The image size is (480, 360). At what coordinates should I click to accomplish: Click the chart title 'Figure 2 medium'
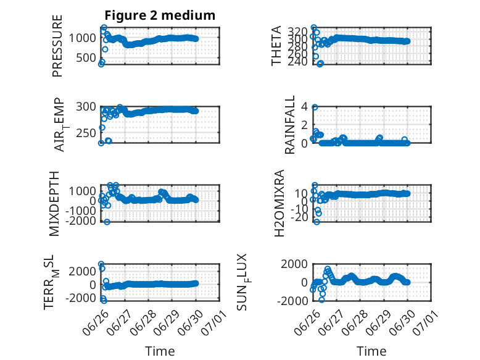pyautogui.click(x=160, y=15)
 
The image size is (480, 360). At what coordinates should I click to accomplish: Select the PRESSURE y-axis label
pyautogui.click(x=57, y=46)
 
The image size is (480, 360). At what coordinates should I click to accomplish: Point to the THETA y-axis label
pyautogui.click(x=276, y=46)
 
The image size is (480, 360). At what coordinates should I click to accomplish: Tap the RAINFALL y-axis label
pyautogui.click(x=289, y=125)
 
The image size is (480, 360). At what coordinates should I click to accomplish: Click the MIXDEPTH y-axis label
pyautogui.click(x=54, y=204)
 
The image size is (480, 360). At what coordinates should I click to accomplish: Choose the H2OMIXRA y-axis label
pyautogui.click(x=279, y=203)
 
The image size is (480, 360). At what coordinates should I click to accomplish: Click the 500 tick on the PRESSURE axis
pyautogui.click(x=86, y=57)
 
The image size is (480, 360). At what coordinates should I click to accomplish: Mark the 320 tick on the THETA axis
pyautogui.click(x=298, y=31)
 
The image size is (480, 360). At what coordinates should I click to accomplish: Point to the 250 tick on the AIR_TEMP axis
pyautogui.click(x=86, y=133)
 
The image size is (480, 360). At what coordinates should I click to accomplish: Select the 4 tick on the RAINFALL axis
pyautogui.click(x=304, y=107)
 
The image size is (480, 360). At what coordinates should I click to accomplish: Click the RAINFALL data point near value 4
pyautogui.click(x=315, y=107)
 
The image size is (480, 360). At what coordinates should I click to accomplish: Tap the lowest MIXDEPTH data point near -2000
pyautogui.click(x=107, y=222)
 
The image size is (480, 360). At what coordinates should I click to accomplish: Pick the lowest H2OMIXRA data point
pyautogui.click(x=317, y=222)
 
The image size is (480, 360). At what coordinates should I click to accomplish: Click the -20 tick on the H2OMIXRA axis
pyautogui.click(x=299, y=217)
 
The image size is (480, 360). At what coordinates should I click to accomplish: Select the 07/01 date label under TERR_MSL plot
pyautogui.click(x=214, y=322)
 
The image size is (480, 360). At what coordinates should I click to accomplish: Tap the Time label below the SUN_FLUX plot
pyautogui.click(x=371, y=351)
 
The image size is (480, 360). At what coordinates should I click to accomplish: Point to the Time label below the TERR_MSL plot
pyautogui.click(x=160, y=351)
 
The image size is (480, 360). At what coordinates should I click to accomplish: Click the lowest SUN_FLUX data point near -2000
pyautogui.click(x=321, y=300)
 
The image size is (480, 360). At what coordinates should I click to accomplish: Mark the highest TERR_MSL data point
pyautogui.click(x=101, y=264)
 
